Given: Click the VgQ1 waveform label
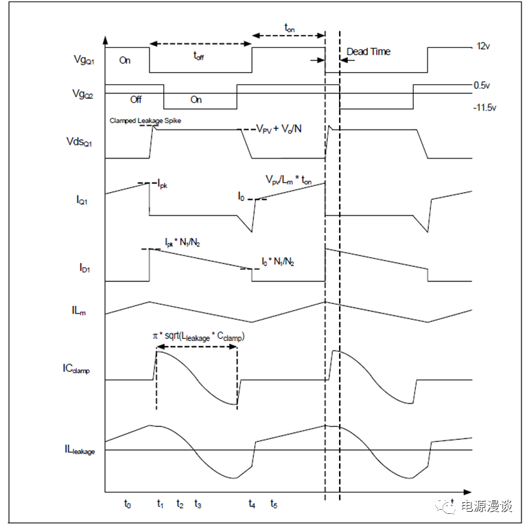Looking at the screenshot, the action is [84, 60].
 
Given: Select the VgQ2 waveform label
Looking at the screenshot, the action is [82, 94].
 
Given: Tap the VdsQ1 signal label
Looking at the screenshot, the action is [80, 142].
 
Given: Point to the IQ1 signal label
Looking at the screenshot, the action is [82, 200].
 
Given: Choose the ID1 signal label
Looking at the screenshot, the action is [84, 268].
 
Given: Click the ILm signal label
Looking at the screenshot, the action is [79, 310].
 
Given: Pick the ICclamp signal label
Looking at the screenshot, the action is [76, 368].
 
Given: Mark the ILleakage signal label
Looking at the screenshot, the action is [80, 449].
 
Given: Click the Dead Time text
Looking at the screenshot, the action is [368, 51].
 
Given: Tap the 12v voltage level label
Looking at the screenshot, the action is [483, 46].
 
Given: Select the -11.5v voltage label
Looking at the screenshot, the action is [485, 108].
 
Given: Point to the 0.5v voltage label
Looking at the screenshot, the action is [482, 85].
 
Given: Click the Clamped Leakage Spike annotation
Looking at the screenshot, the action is [145, 121].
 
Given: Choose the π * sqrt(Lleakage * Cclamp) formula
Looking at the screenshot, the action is [199, 337].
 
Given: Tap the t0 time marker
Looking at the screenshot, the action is [128, 504].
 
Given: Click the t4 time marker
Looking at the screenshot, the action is [252, 504].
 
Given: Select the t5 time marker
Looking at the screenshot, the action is [274, 504].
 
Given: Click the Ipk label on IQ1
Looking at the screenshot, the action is [163, 184].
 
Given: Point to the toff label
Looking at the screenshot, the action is [199, 56].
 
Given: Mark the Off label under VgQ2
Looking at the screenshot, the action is [136, 99].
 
